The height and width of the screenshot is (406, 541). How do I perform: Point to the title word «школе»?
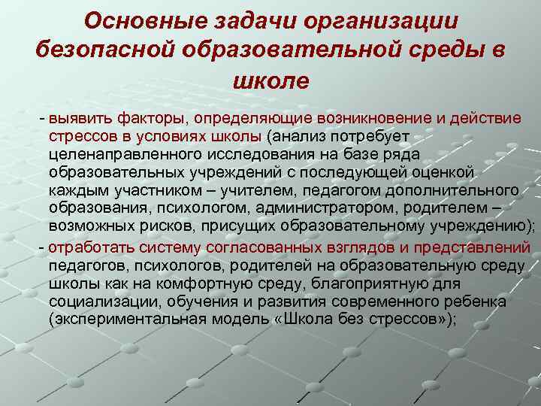(x=271, y=78)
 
